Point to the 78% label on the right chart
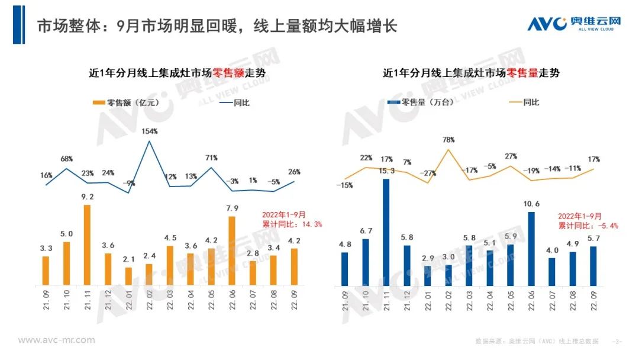[x=448, y=140]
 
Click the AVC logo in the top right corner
[x=574, y=23]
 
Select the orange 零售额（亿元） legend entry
[x=122, y=102]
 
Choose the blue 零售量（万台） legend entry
[x=421, y=102]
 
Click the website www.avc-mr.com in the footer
[x=57, y=340]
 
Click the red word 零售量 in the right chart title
[x=520, y=73]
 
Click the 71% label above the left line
[x=212, y=158]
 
